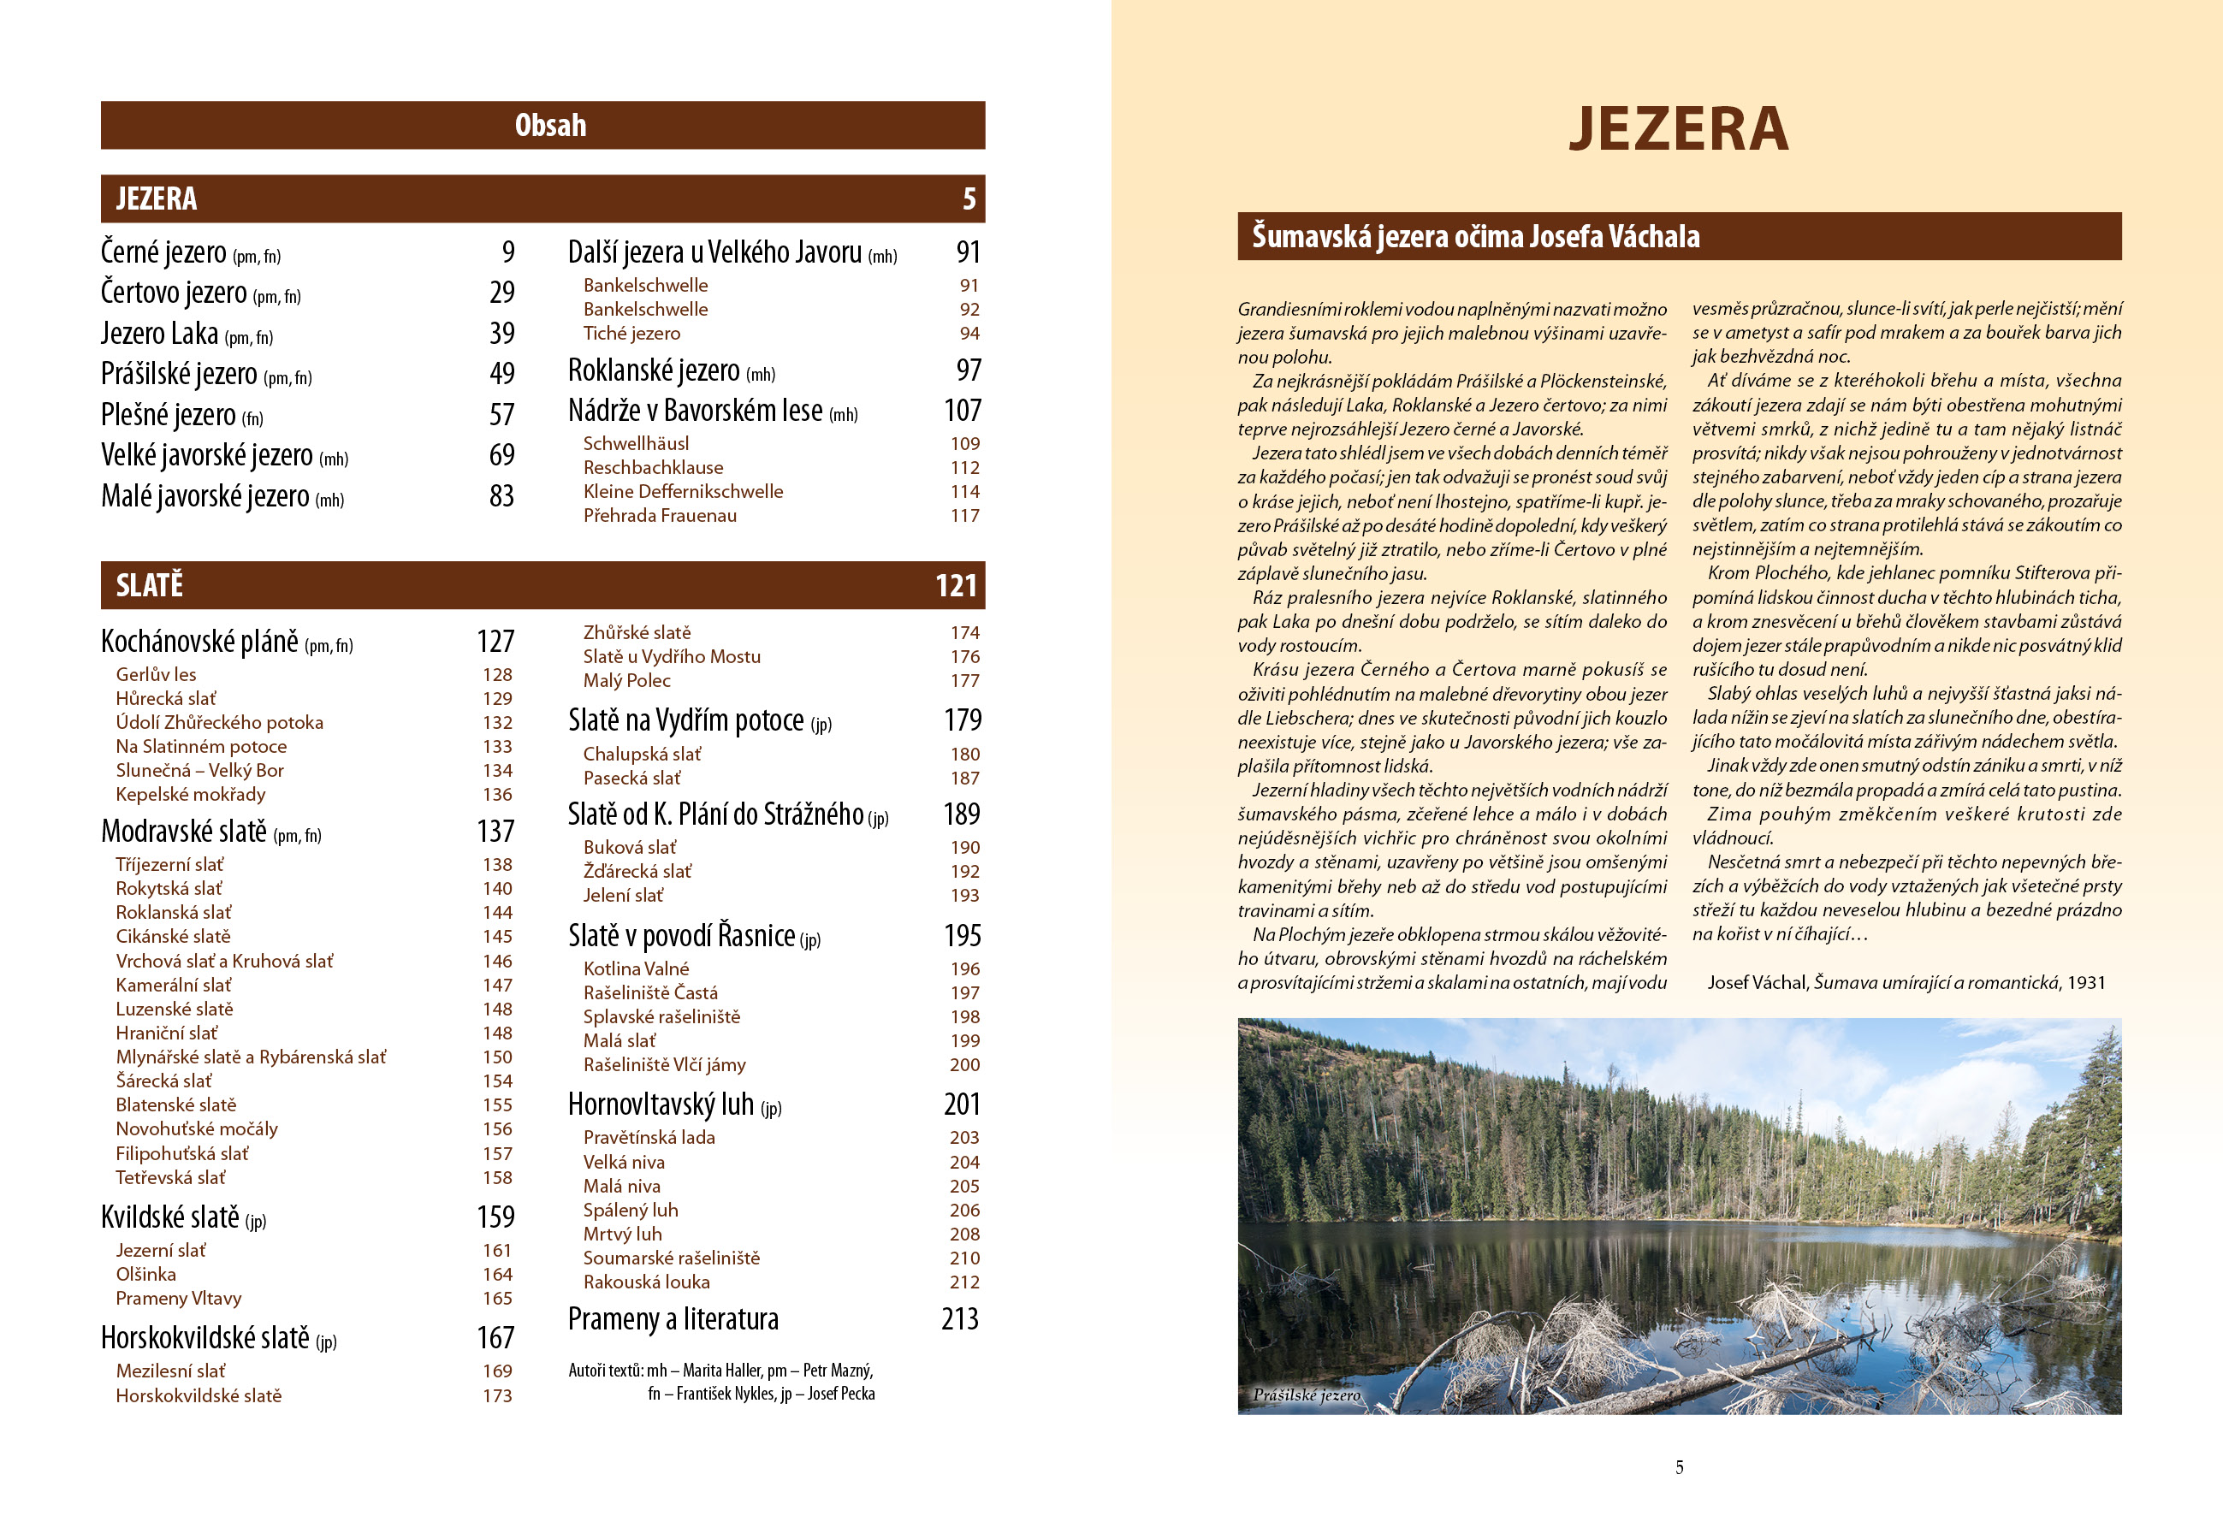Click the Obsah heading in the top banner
pyautogui.click(x=550, y=125)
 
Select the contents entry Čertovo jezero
pyautogui.click(x=174, y=293)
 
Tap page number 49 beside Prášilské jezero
pyautogui.click(x=501, y=373)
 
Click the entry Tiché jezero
pyautogui.click(x=631, y=334)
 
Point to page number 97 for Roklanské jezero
pyautogui.click(x=968, y=370)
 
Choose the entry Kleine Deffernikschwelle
pyautogui.click(x=683, y=492)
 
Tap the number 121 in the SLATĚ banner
pyautogui.click(x=956, y=585)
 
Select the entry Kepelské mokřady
pyautogui.click(x=190, y=795)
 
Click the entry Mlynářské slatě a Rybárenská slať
pyautogui.click(x=251, y=1057)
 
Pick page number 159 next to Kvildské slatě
pyautogui.click(x=495, y=1217)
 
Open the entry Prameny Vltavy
pyautogui.click(x=178, y=1299)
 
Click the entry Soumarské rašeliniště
pyautogui.click(x=672, y=1258)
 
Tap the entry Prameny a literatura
pyautogui.click(x=673, y=1319)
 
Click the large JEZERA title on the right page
pyautogui.click(x=1679, y=129)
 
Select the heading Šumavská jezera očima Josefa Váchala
pyautogui.click(x=1475, y=236)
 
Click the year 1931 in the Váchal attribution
pyautogui.click(x=2086, y=983)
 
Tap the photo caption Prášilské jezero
pyautogui.click(x=1306, y=1395)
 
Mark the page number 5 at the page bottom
pyautogui.click(x=1679, y=1467)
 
